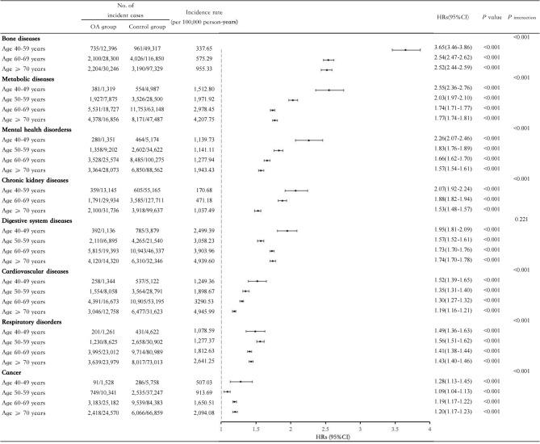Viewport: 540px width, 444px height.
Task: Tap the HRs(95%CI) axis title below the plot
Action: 324,439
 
